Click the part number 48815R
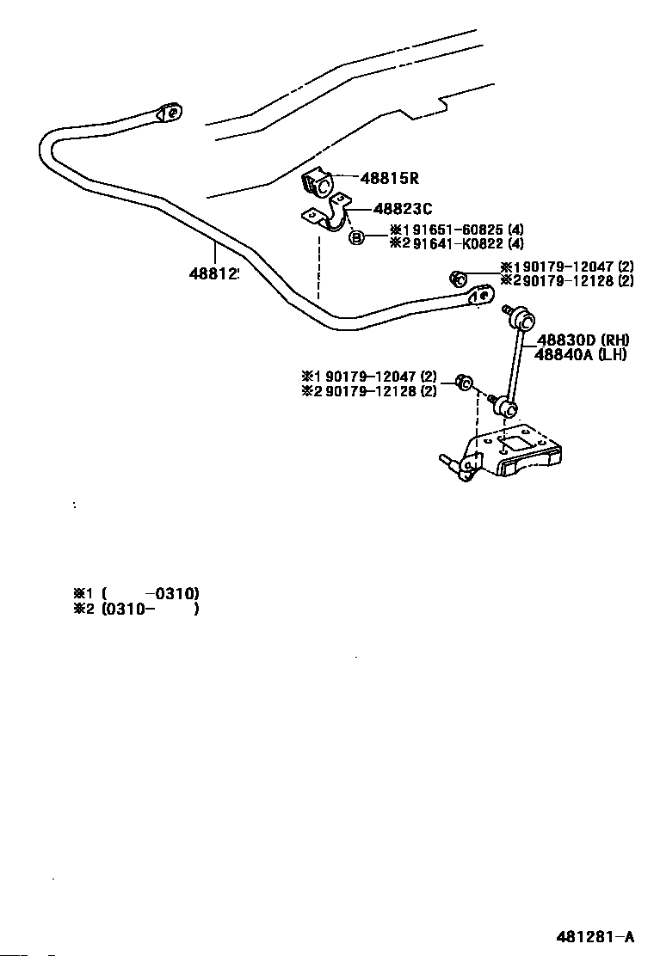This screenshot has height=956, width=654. click(389, 179)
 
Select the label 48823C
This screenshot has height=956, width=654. click(403, 209)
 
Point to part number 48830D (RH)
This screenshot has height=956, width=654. click(583, 340)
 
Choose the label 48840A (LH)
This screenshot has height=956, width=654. click(580, 354)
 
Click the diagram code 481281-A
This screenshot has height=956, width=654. click(595, 936)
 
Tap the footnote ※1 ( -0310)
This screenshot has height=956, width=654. click(137, 593)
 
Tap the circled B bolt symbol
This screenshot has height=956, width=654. click(357, 237)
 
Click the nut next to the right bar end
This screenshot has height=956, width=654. click(458, 279)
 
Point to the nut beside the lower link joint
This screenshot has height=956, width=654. click(464, 383)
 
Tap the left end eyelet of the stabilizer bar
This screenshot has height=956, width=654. click(170, 113)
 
